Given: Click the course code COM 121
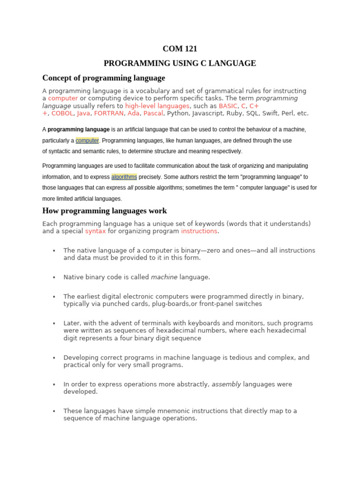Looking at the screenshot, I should (180, 49).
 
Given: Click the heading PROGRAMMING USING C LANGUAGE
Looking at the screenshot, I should (180, 63).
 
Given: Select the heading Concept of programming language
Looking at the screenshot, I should (104, 78).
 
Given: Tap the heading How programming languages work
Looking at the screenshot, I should (105, 211).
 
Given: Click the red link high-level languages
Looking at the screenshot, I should (157, 106).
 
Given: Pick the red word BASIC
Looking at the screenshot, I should (228, 106).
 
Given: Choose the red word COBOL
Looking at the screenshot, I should (62, 113).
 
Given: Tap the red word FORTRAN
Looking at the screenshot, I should (109, 113).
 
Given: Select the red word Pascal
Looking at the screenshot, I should (153, 113).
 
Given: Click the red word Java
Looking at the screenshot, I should (83, 113).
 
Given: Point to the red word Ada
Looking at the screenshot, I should (133, 113).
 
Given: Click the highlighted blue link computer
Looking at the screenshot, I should (87, 141).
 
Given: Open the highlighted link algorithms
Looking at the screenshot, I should (124, 177).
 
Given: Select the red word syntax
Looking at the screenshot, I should (95, 231).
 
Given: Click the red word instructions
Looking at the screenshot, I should (199, 231).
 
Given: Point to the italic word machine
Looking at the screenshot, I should (164, 277).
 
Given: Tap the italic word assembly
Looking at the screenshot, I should (226, 384).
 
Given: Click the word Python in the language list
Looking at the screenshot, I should (177, 113).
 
